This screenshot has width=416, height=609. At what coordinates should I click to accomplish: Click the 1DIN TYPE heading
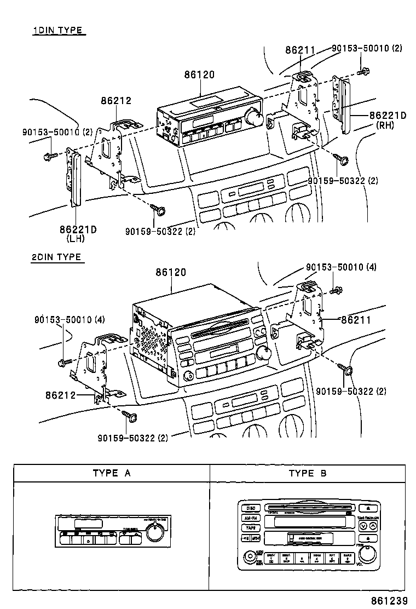[58, 31]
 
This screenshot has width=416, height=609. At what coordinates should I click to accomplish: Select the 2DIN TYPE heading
[56, 257]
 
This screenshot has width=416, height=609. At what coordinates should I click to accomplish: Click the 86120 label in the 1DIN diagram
[199, 75]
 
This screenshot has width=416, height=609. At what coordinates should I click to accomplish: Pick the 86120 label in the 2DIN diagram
[171, 272]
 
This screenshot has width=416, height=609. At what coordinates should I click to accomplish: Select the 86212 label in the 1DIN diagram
[116, 101]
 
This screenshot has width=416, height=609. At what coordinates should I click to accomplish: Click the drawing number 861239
[390, 601]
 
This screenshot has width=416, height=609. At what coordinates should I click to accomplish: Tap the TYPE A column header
[112, 473]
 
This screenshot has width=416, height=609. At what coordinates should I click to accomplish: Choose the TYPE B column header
[308, 473]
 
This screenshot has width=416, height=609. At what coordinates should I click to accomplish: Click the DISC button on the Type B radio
[251, 508]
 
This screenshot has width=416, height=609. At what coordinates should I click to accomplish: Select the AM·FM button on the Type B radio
[251, 518]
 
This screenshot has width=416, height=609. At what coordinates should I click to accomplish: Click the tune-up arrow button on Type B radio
[373, 526]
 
